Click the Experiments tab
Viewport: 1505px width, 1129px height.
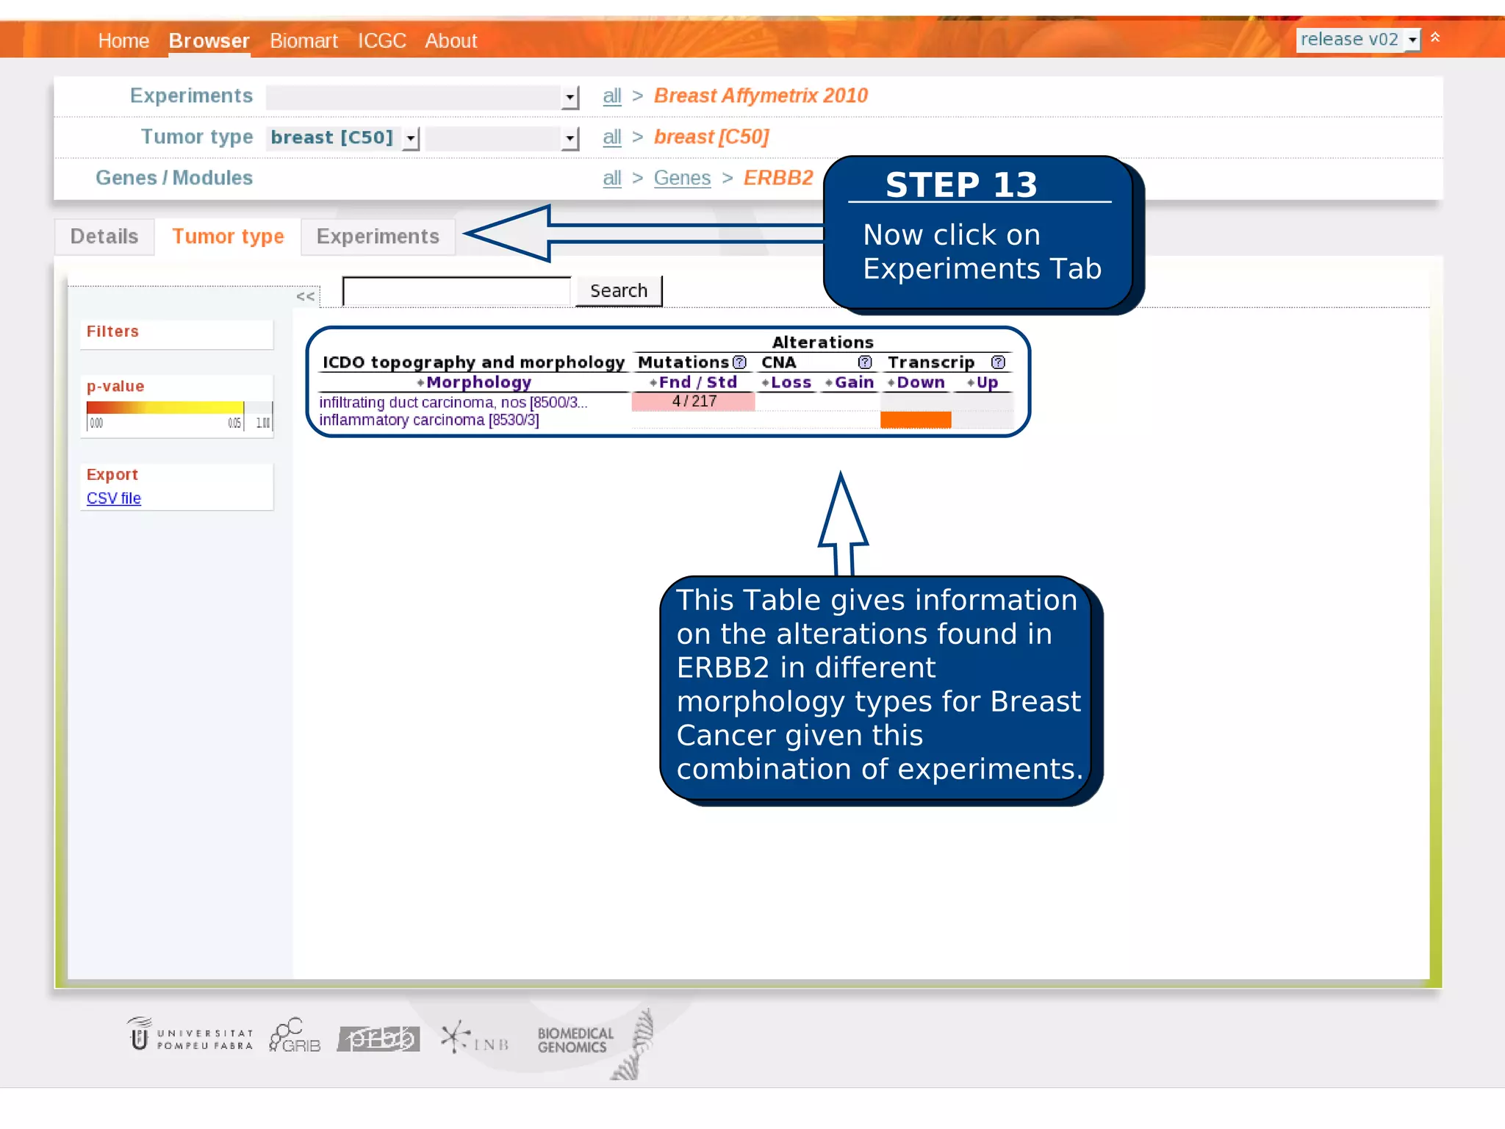point(378,237)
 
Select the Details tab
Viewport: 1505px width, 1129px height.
point(104,237)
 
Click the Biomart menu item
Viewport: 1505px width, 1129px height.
point(303,41)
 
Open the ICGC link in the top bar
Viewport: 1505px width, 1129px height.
point(381,41)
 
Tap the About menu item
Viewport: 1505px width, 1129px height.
point(450,41)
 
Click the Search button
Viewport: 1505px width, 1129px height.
point(618,291)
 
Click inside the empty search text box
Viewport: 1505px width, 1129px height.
point(456,291)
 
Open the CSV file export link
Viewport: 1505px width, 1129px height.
point(114,498)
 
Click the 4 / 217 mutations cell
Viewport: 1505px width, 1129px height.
point(693,401)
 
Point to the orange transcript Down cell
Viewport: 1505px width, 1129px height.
point(916,420)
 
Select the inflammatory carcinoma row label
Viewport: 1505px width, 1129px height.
point(428,420)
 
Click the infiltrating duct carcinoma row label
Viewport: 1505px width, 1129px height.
point(453,403)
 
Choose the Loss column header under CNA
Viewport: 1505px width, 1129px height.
point(790,383)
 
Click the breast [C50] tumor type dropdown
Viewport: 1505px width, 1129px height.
point(342,137)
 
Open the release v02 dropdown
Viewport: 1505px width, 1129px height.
point(1357,40)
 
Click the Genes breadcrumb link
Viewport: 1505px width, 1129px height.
point(682,178)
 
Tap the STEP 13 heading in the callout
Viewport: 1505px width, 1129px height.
point(961,184)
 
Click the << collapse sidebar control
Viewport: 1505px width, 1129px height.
point(306,296)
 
